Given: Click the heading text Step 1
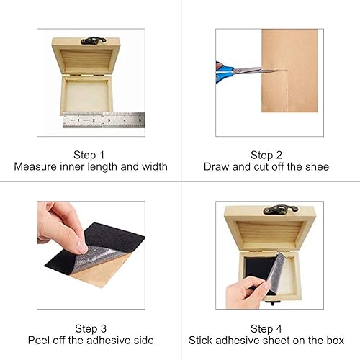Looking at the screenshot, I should tap(91, 155).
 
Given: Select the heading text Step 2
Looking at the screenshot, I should tap(266, 155).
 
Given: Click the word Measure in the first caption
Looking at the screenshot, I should tap(35, 167).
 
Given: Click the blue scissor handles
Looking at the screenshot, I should tap(223, 71).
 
